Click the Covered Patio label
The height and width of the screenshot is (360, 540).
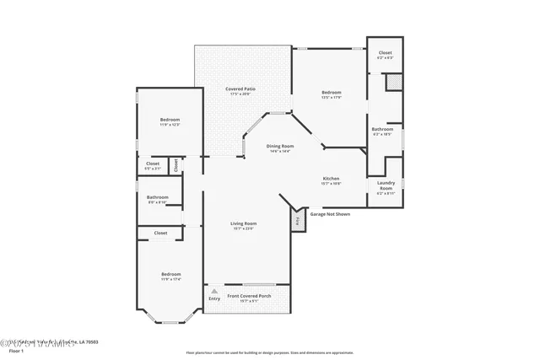240,90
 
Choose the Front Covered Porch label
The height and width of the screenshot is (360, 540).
248,297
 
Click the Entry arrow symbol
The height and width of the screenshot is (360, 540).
213,291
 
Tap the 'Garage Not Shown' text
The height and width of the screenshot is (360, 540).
329,214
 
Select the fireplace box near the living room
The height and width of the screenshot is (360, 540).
298,221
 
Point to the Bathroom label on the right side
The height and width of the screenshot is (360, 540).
381,131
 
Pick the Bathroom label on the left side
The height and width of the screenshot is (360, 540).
158,199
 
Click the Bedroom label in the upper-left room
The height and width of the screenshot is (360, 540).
170,122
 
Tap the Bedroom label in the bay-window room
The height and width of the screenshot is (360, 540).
171,276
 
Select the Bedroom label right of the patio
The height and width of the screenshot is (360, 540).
331,94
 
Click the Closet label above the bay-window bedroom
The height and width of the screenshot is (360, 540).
160,233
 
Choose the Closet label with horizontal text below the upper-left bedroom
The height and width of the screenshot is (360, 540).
153,165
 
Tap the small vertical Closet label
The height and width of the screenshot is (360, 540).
175,164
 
